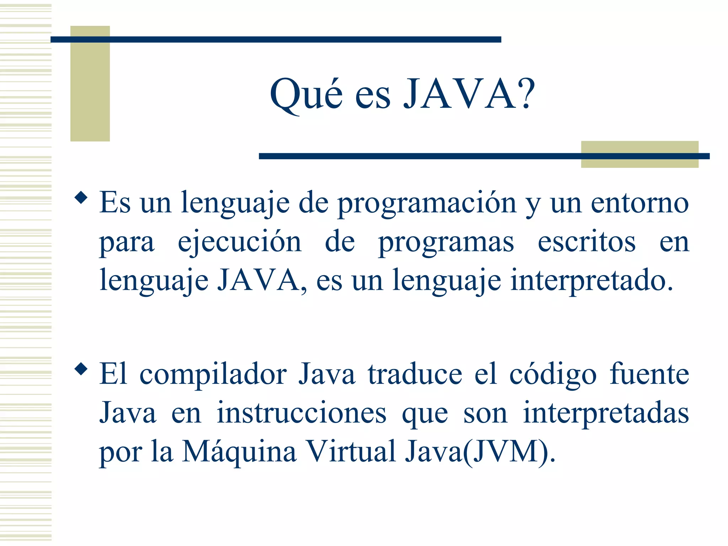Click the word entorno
click(x=640, y=203)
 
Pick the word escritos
click(x=587, y=242)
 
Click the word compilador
click(x=213, y=375)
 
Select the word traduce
click(x=415, y=375)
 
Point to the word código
click(x=553, y=375)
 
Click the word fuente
click(x=649, y=375)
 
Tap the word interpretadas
click(x=606, y=414)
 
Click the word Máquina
click(x=239, y=453)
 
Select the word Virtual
click(x=351, y=452)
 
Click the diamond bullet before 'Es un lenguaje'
click(x=81, y=197)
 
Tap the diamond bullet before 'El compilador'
click(x=81, y=369)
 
